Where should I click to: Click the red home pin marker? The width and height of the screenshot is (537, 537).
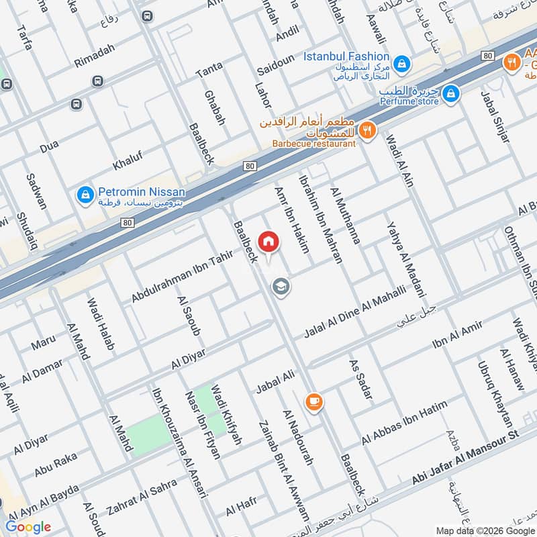[x=268, y=241]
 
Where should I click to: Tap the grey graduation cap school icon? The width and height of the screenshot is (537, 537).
[x=281, y=287]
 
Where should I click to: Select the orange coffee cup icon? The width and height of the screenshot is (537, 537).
[x=313, y=401]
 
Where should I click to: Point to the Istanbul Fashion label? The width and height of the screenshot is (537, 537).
[x=346, y=57]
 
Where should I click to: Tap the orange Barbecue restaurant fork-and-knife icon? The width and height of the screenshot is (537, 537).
[x=367, y=130]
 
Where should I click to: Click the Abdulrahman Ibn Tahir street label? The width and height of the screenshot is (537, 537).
[x=182, y=275]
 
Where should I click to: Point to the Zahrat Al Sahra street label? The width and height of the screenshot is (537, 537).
[x=142, y=497]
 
